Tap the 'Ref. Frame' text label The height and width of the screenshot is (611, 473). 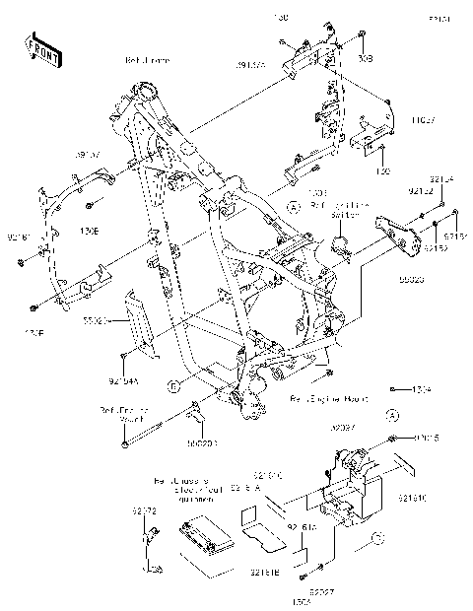pyautogui.click(x=147, y=60)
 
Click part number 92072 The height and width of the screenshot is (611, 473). pyautogui.click(x=145, y=511)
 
